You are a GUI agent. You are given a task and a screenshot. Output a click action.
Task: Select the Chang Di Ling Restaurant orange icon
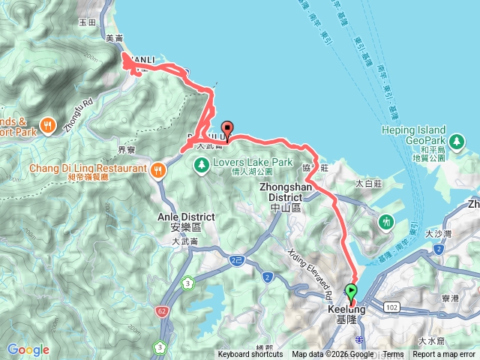(x=157, y=169)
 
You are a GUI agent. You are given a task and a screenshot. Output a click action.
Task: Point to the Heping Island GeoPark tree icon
(x=454, y=140)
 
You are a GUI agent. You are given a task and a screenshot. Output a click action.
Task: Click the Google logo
(x=28, y=349)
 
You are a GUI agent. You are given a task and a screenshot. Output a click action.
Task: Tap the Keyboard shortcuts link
(x=250, y=355)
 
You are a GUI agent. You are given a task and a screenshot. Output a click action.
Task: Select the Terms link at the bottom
(x=393, y=355)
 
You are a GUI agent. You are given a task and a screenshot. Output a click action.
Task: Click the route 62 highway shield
(x=162, y=309)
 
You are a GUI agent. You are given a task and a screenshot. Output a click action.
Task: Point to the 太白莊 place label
(x=369, y=183)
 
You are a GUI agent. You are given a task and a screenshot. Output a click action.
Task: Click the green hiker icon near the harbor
(x=386, y=222)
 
